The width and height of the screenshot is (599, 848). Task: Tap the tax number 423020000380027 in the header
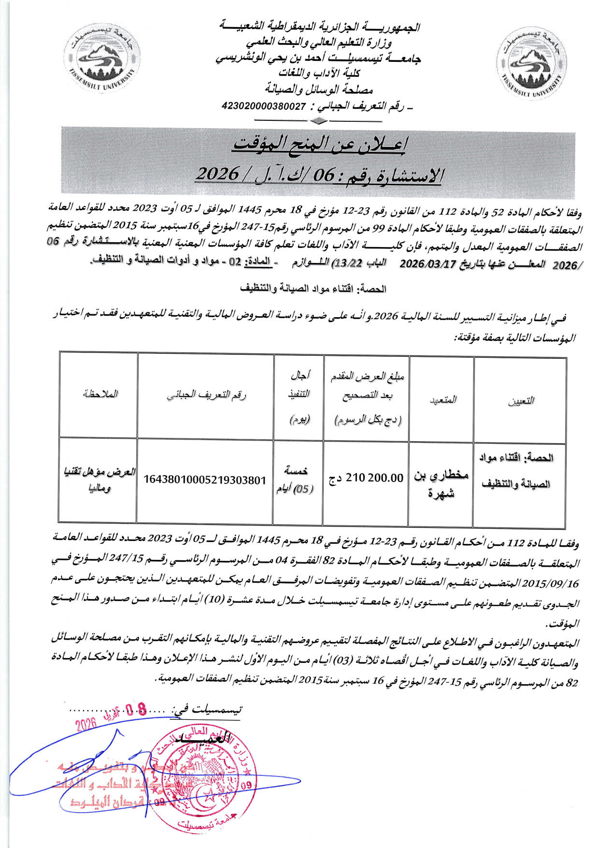(264, 106)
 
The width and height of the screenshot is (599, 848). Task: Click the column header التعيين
(520, 401)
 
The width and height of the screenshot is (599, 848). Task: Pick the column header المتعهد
(441, 399)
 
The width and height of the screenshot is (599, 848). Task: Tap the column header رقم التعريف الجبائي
(206, 395)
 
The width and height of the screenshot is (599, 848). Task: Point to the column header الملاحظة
(100, 394)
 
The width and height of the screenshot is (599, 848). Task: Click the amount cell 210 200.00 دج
(366, 478)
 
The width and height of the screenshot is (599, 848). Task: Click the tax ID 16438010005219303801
(205, 480)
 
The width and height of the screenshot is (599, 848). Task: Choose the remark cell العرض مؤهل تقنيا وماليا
(99, 480)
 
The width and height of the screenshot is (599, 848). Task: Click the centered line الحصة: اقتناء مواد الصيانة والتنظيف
(313, 289)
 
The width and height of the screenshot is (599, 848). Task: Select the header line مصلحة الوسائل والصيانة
(319, 89)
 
